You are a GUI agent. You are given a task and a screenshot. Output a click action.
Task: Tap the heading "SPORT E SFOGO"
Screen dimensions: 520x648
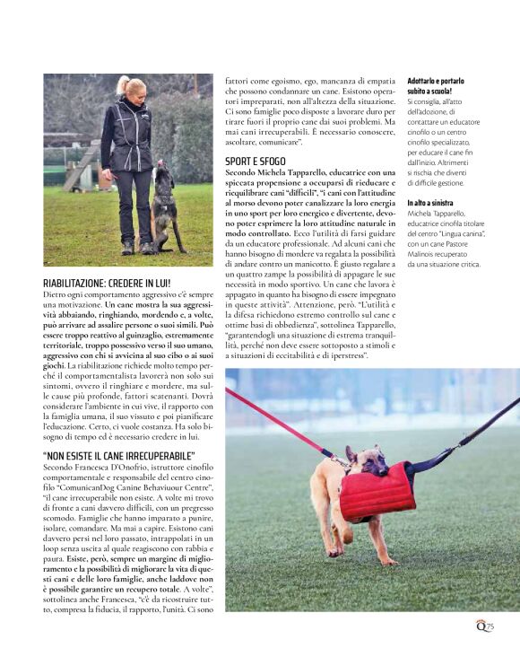(255, 161)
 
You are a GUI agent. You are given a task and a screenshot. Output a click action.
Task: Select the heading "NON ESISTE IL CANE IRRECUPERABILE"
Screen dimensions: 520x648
(118, 456)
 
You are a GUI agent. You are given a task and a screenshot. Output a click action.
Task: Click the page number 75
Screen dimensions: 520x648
(490, 626)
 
